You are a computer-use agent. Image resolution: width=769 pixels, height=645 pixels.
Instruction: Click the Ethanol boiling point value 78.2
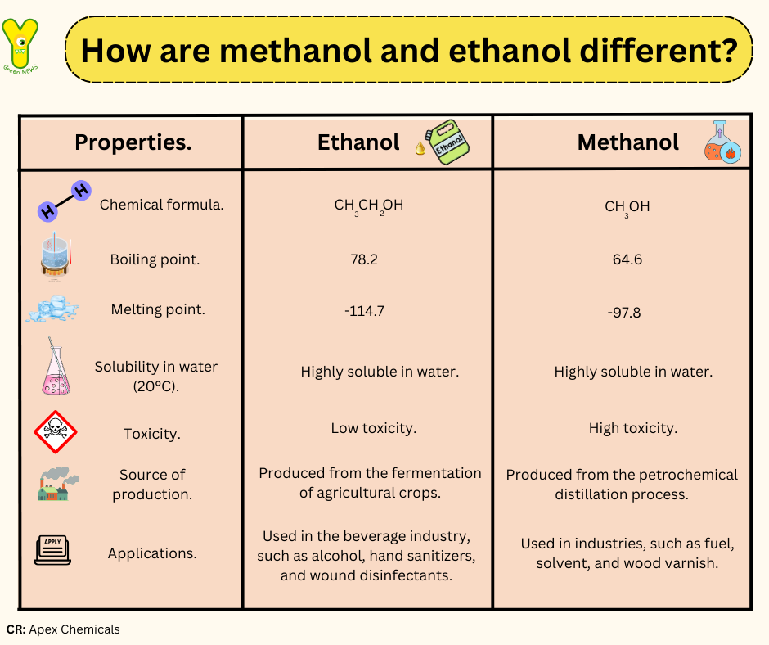point(364,259)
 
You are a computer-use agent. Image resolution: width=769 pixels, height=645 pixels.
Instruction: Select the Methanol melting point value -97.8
point(624,313)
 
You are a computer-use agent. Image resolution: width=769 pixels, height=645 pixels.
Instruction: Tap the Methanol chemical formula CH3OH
point(627,208)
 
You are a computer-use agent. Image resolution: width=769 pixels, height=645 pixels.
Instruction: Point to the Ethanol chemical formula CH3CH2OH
point(369,206)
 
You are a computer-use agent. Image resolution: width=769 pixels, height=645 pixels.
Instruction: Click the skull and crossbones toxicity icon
point(56,432)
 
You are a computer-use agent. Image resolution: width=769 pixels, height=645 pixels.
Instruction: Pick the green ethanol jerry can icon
point(444,142)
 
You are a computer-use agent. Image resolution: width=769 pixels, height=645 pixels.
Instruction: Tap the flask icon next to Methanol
point(722,142)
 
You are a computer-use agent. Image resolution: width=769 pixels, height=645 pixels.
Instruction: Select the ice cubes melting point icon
point(53,309)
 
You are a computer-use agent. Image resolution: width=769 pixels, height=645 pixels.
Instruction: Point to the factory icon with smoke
point(58,484)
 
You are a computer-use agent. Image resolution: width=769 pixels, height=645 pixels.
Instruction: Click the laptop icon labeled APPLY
point(52,550)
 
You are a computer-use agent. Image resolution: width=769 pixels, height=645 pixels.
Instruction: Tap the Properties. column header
point(133,142)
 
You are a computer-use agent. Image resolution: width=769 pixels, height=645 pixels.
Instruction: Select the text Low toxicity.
point(374,428)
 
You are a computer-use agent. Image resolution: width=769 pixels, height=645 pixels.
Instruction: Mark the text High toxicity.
point(633,428)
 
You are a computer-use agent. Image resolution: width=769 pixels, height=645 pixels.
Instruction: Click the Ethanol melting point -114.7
point(364,311)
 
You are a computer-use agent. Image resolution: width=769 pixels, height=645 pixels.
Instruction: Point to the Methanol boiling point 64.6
point(627,259)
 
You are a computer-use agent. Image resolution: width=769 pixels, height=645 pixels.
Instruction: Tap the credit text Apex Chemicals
point(74,629)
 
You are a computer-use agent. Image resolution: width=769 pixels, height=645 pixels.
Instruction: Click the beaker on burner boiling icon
point(56,257)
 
